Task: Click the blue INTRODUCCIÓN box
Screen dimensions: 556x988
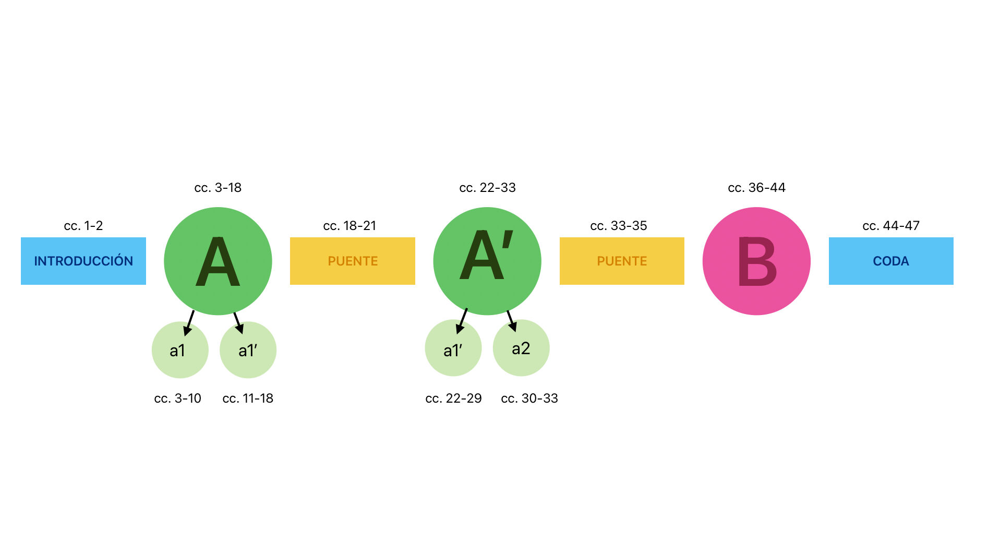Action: [83, 261]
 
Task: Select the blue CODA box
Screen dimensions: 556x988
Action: [891, 261]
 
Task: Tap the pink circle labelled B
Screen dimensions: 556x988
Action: [756, 261]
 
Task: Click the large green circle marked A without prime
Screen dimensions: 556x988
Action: [218, 261]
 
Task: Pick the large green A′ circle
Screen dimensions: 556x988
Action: [487, 261]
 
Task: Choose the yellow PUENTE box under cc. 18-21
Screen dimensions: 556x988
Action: [353, 261]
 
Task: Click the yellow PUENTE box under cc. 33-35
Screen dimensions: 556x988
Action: [622, 261]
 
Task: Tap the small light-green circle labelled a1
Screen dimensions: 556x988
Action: [180, 350]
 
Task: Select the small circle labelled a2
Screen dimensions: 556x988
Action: [521, 348]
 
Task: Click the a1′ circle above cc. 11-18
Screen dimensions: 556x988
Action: [248, 350]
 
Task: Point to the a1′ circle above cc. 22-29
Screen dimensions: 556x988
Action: [453, 348]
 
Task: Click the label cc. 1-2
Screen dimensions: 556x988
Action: [83, 226]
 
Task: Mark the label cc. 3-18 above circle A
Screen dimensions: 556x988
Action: [218, 188]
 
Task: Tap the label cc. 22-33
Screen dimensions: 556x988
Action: [487, 188]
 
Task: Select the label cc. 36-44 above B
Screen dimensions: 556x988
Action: [756, 188]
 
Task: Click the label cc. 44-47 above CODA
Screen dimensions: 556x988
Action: [891, 226]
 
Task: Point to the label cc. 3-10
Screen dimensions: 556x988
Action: [178, 398]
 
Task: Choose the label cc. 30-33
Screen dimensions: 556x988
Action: [529, 398]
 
